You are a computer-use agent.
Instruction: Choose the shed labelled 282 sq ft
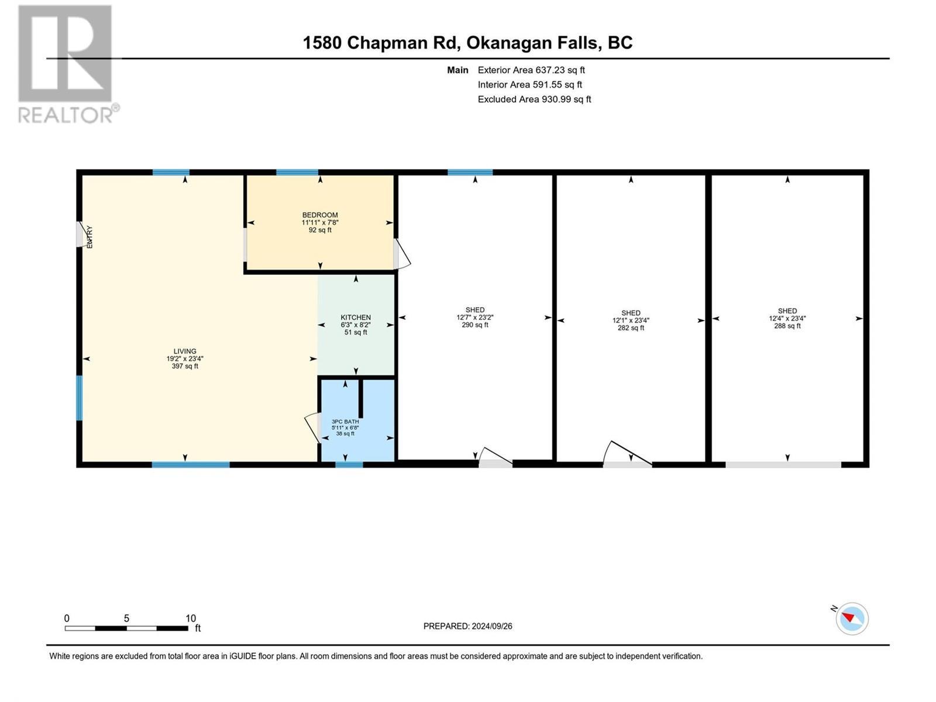tap(631, 320)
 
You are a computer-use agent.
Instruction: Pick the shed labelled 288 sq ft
tap(787, 318)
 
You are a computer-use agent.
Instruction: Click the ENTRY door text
tap(90, 238)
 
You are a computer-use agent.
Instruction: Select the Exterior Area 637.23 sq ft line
tap(531, 70)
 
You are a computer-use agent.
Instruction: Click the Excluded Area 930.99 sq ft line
tap(534, 99)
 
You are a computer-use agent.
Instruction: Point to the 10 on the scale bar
tap(191, 618)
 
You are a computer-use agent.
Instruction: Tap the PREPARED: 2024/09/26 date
tap(467, 626)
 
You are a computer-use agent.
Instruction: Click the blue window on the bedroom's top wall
tap(297, 173)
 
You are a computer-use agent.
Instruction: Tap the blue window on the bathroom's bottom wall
tap(349, 464)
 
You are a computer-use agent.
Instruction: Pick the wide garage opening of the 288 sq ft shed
tap(783, 464)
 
